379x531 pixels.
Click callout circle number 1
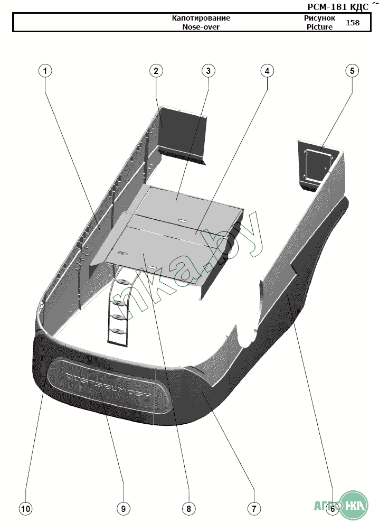tap(45, 70)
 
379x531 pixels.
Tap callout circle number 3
tap(208, 70)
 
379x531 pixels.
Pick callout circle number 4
tap(267, 70)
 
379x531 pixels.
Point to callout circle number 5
tap(352, 70)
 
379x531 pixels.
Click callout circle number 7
tap(253, 508)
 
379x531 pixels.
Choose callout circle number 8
tap(188, 508)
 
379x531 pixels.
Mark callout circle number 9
tap(123, 508)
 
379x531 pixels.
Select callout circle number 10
tap(25, 508)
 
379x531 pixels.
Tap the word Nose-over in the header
tap(201, 27)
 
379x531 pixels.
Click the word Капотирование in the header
tap(201, 18)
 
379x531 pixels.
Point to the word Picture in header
tap(319, 27)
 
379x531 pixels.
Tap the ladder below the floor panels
tap(119, 312)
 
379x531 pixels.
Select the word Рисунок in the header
tap(319, 18)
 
